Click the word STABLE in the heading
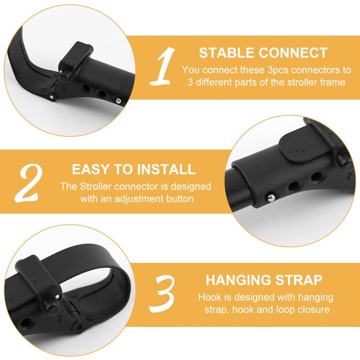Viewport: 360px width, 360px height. click(x=227, y=53)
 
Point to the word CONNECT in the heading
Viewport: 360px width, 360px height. click(x=293, y=53)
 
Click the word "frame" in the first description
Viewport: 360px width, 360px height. click(x=332, y=82)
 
